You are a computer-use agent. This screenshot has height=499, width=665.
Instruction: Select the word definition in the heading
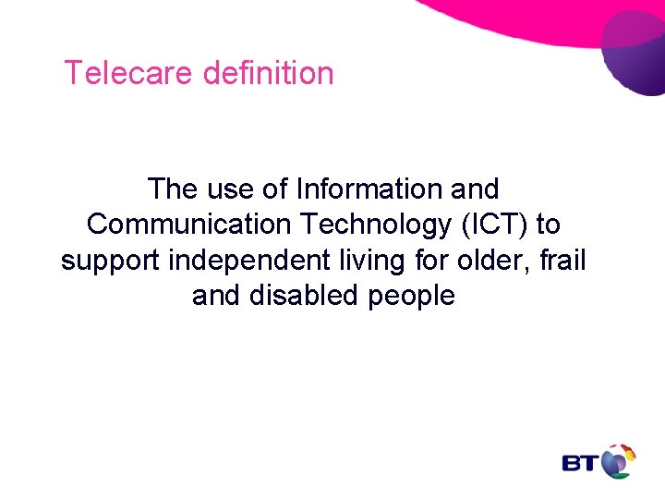tap(268, 73)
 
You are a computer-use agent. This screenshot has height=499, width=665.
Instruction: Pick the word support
tap(111, 262)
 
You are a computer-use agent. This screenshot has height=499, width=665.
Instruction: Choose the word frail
tap(566, 261)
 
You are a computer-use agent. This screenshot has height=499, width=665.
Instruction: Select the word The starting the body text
tap(172, 189)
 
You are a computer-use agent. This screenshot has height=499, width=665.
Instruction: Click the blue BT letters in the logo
tap(580, 463)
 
